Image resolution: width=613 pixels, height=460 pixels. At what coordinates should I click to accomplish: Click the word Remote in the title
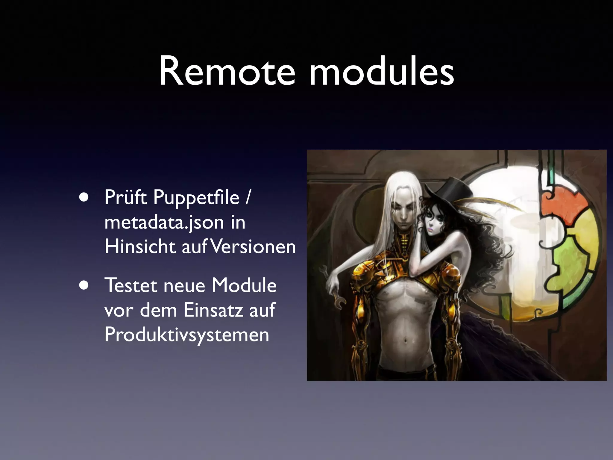[x=227, y=72]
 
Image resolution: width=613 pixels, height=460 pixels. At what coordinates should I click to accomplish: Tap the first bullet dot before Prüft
[x=84, y=198]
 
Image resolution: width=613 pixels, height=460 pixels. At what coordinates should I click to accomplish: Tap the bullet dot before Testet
[x=84, y=285]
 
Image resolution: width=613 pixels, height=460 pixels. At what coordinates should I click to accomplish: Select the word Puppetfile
[x=196, y=198]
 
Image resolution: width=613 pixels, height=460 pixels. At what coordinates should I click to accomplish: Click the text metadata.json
[x=164, y=223]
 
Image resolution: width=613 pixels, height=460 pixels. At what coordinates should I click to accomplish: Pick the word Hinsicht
[x=140, y=247]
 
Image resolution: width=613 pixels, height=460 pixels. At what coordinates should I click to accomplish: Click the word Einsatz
[x=213, y=310]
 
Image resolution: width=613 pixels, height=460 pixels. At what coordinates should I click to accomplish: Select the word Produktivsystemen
[x=187, y=335]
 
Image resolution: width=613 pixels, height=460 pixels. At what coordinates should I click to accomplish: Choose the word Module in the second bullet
[x=244, y=285]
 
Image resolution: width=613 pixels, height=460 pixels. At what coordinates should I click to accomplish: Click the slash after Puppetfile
[x=248, y=198]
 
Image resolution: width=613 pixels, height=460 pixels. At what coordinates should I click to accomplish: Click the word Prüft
[x=126, y=198]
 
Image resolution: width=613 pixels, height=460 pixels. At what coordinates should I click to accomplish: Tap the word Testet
[x=131, y=285]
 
